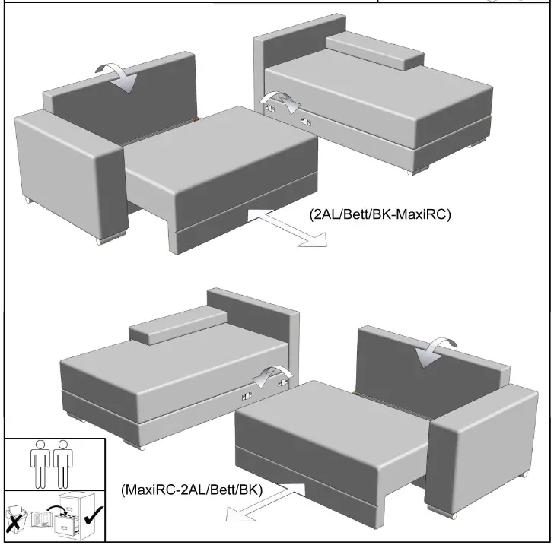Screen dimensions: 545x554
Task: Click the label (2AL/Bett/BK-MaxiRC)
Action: point(380,215)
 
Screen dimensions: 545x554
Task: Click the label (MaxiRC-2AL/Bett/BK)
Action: point(191,490)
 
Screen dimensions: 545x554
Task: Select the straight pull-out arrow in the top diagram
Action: point(288,227)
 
